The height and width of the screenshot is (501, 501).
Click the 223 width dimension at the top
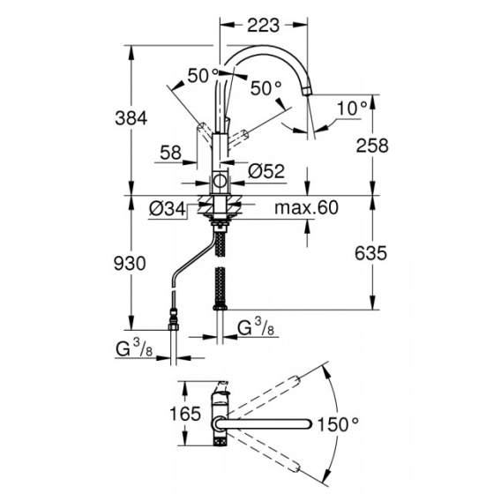click(x=264, y=26)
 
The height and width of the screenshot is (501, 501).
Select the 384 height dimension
click(x=131, y=118)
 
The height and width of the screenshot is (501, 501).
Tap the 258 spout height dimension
click(x=372, y=146)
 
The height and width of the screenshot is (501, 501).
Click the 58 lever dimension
click(x=171, y=153)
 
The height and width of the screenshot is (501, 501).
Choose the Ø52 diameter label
click(x=266, y=172)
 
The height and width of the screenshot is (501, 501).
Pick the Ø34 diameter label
click(x=167, y=210)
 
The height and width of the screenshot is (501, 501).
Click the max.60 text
click(x=306, y=207)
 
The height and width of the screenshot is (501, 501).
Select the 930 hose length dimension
click(x=130, y=264)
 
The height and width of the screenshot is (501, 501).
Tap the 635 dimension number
click(x=370, y=254)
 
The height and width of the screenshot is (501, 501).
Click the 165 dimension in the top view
click(x=185, y=414)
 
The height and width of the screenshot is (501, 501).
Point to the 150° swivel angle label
click(x=338, y=424)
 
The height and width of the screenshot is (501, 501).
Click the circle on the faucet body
click(x=220, y=181)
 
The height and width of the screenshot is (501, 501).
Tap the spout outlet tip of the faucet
click(x=307, y=91)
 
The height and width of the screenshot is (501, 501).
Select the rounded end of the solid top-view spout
click(x=308, y=423)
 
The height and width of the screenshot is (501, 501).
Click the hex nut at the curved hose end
click(x=174, y=326)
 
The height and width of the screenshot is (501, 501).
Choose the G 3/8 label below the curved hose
click(x=134, y=349)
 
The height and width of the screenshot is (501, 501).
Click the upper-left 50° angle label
click(x=203, y=76)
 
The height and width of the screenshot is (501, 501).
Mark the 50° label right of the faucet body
click(x=266, y=88)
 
